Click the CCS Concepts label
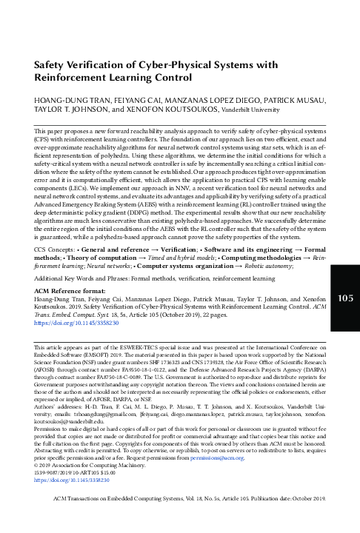43,252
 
